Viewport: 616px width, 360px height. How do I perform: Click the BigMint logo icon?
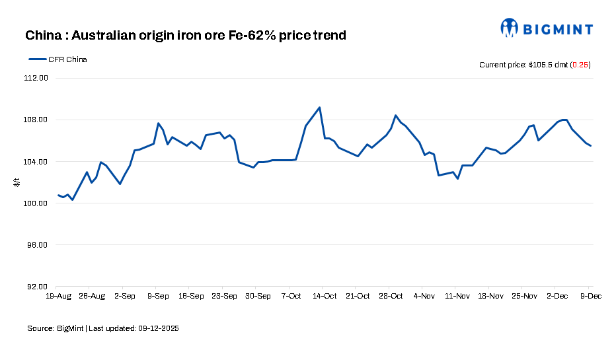tap(509, 28)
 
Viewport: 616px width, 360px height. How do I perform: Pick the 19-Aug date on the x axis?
tap(59, 296)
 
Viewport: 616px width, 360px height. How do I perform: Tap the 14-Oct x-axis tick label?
tap(325, 296)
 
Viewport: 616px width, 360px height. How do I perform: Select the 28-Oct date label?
tap(391, 296)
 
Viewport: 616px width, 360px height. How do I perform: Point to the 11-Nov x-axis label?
tap(457, 296)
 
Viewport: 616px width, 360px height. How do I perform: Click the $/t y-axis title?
tap(17, 182)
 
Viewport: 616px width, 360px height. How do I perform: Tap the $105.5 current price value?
tap(542, 65)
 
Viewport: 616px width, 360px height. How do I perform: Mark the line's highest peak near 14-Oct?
tap(320, 107)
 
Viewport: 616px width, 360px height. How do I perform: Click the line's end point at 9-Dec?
tap(591, 146)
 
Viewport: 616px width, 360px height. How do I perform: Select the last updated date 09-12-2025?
tap(159, 328)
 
